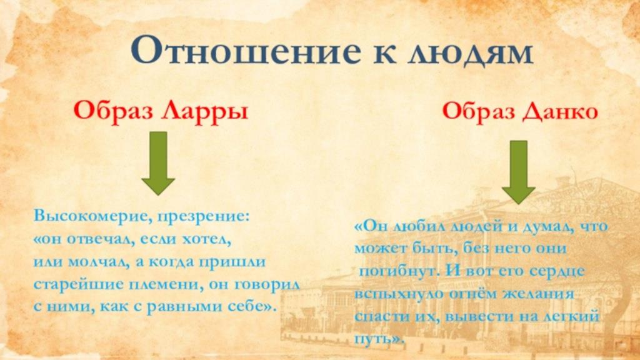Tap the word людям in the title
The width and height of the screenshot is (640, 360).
(470, 53)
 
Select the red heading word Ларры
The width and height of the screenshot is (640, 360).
(204, 111)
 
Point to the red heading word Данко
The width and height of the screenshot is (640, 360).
(560, 111)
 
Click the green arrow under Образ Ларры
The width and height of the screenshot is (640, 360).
(158, 163)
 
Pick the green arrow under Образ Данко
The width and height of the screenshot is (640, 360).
(518, 172)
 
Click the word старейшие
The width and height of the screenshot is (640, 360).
(77, 284)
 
